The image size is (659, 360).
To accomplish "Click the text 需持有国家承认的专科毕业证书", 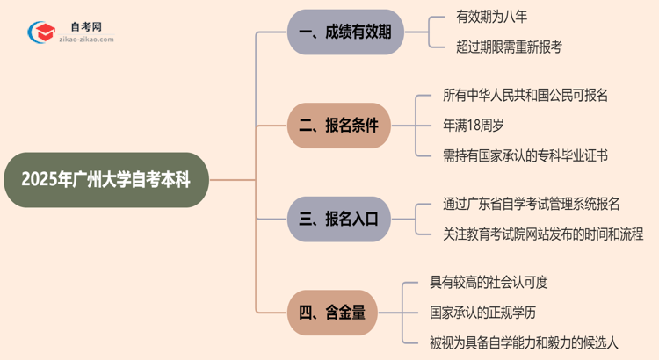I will (525, 155).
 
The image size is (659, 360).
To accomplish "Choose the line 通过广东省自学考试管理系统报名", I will (532, 204).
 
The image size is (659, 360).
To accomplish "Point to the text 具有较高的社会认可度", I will (490, 281).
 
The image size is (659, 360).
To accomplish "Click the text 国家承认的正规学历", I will (483, 311).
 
